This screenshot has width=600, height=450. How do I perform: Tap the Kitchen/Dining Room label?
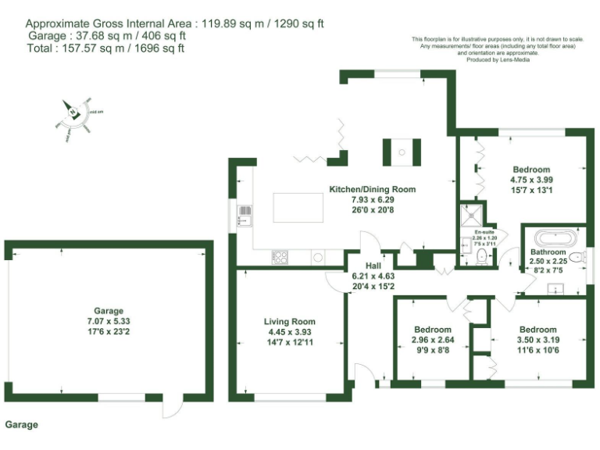(x=372, y=189)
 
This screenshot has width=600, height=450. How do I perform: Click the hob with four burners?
(x=280, y=256)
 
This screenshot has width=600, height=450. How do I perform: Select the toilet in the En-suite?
(x=481, y=256)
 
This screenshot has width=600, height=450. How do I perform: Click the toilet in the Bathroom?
(x=577, y=257)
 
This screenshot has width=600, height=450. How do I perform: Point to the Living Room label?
(x=289, y=321)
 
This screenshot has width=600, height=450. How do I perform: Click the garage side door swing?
(x=175, y=407)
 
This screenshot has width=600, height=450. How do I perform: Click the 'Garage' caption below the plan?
(x=21, y=425)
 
